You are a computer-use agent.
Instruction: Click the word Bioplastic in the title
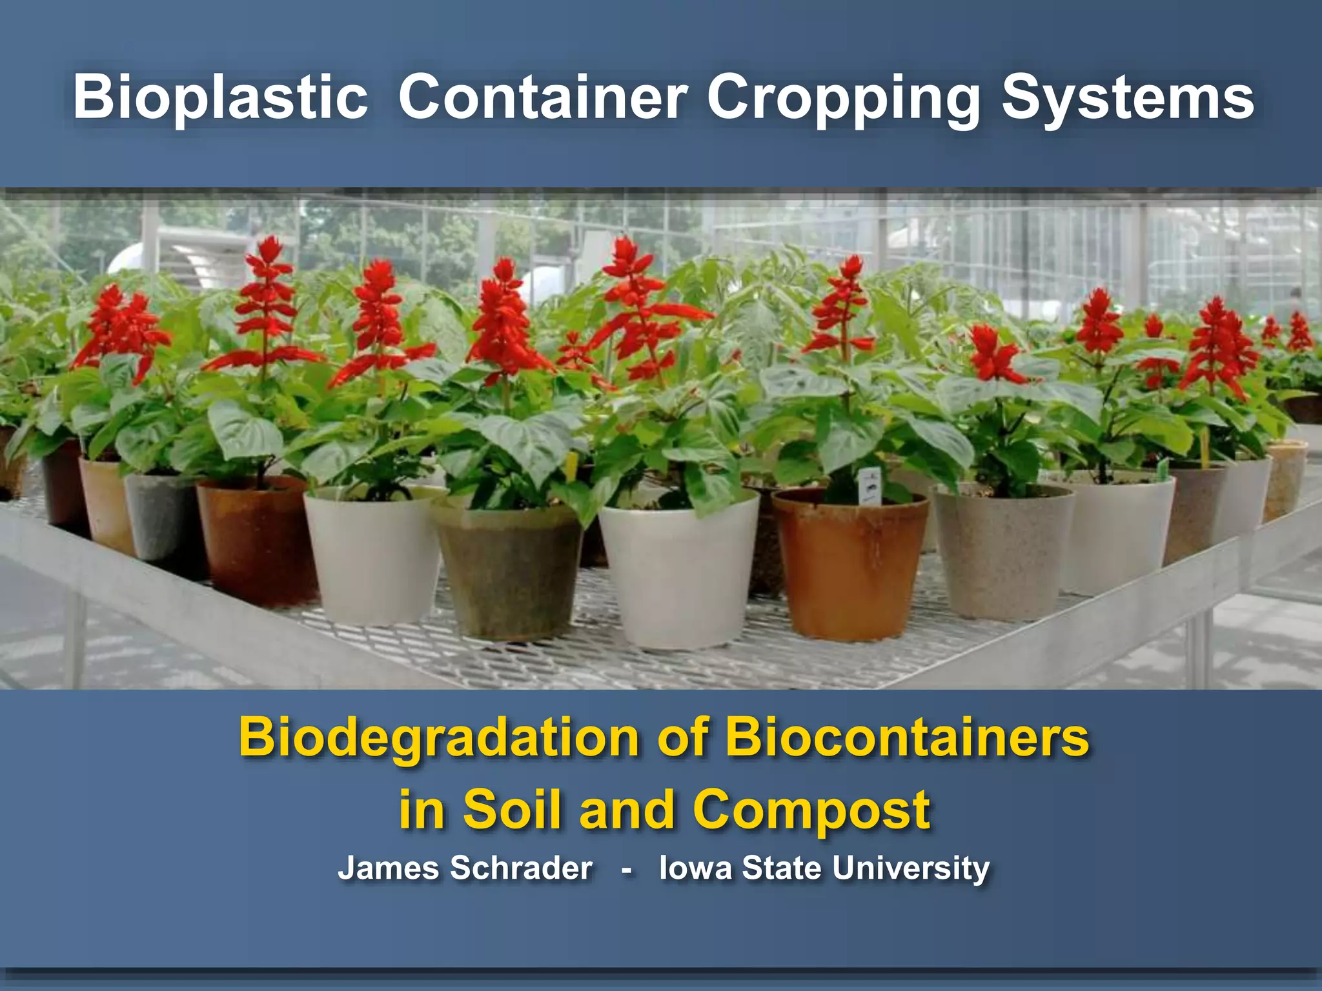220,98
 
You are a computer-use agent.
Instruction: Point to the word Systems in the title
1127,98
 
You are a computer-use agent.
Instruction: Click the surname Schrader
521,868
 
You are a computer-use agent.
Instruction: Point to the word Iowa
695,868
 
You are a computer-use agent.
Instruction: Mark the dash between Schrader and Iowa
625,869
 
